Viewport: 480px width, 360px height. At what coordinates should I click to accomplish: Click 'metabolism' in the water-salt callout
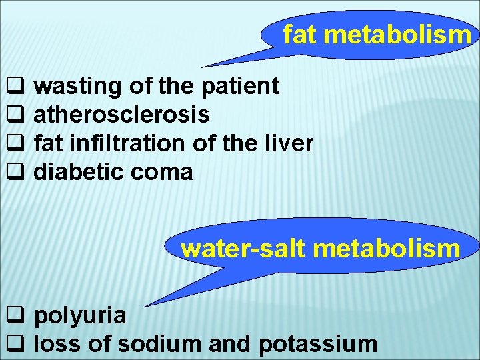(386, 249)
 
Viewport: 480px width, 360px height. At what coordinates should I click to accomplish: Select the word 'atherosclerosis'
(122, 115)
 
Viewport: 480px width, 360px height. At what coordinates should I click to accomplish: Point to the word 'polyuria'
(80, 315)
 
